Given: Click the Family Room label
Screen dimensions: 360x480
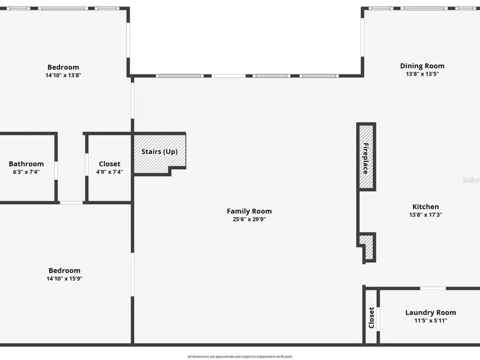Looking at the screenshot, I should [249, 211].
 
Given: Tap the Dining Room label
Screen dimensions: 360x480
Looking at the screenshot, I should [422, 66].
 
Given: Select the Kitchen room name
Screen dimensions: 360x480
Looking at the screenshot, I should [426, 207].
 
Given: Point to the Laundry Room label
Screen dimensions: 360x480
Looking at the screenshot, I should [430, 313].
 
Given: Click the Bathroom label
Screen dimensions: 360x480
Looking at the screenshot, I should [26, 164].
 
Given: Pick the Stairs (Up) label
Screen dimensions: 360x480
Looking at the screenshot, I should [159, 151].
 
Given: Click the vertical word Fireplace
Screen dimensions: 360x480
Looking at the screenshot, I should [366, 158].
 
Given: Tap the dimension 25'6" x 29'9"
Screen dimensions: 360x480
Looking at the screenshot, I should [249, 219].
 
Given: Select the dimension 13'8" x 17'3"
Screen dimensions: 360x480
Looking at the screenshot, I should [426, 215].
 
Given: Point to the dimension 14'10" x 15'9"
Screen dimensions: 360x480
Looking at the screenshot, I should [64, 278].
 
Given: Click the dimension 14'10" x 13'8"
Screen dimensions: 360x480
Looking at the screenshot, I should [63, 75].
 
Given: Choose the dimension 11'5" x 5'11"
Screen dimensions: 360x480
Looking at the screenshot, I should [430, 321].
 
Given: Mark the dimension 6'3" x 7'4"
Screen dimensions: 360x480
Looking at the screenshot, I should [26, 172].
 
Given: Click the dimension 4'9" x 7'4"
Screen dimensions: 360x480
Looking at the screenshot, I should [109, 172].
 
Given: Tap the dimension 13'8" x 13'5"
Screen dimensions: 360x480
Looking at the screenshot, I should [422, 74].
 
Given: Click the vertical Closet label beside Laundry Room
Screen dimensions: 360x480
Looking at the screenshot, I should [371, 318].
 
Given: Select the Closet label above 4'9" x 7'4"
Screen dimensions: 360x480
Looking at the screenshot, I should [109, 164].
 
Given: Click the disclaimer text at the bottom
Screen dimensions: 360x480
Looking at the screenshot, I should [239, 356].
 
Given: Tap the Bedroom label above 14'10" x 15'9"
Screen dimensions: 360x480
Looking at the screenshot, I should [64, 270].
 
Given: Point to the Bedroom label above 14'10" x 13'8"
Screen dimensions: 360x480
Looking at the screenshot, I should [63, 67].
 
